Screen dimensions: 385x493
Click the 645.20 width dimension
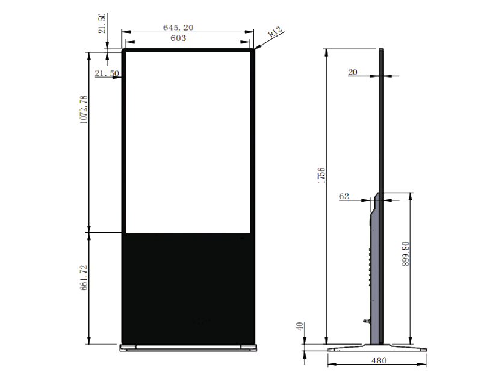point(178,28)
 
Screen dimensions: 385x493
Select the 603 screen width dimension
point(178,38)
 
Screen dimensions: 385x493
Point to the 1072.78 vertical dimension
point(84,109)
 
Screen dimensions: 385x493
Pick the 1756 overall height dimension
point(321,176)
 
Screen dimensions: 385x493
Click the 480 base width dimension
point(378,361)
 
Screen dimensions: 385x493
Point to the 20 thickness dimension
point(353,72)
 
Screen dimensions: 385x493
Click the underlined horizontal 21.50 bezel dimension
point(107,73)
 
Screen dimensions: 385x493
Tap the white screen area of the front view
point(187,141)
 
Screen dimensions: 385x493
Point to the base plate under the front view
point(188,347)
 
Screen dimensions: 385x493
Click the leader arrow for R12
point(259,45)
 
